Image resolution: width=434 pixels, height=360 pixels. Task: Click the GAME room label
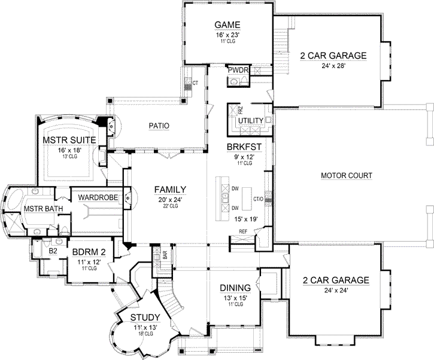click(x=227, y=25)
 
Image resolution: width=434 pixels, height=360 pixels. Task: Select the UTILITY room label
click(x=250, y=121)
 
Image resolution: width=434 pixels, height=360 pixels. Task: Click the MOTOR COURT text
click(x=347, y=176)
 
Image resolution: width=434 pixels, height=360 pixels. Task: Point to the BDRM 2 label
click(x=87, y=252)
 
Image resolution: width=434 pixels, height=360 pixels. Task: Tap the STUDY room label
click(x=144, y=317)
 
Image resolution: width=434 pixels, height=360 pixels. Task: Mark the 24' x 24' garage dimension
click(x=333, y=290)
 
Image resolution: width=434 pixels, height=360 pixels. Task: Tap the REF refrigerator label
click(x=243, y=231)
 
